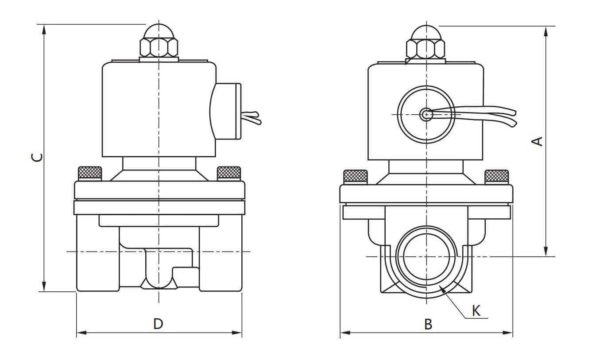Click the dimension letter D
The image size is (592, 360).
click(x=158, y=324)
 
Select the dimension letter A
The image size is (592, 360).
click(x=537, y=141)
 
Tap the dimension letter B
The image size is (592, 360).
click(x=428, y=324)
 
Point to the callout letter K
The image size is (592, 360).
click(x=476, y=310)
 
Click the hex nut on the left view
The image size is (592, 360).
click(x=159, y=47)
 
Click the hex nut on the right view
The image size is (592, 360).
click(x=426, y=49)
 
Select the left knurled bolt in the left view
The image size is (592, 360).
click(x=90, y=173)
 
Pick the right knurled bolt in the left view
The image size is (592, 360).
click(x=229, y=173)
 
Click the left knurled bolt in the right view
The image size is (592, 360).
click(x=356, y=176)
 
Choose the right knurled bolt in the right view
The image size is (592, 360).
click(x=496, y=176)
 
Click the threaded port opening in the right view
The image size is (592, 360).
click(x=426, y=257)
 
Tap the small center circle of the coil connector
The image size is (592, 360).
click(x=426, y=114)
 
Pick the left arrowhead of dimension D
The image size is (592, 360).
click(x=80, y=333)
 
